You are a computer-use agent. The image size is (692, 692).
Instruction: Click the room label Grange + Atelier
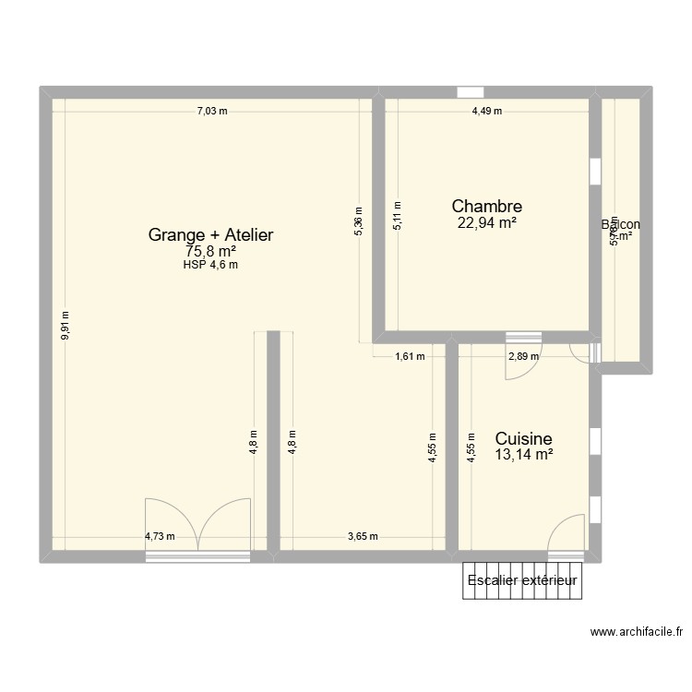(x=210, y=235)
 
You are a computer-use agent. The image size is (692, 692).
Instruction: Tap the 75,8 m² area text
(x=210, y=251)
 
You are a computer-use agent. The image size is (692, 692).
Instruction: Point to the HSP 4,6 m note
(x=210, y=265)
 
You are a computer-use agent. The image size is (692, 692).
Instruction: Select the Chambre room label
(x=487, y=207)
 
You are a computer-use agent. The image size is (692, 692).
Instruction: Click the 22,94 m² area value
(x=487, y=221)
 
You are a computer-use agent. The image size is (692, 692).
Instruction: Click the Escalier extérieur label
(x=522, y=580)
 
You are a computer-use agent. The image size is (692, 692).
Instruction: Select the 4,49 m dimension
(x=487, y=112)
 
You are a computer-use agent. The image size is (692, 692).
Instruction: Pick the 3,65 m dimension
(x=364, y=536)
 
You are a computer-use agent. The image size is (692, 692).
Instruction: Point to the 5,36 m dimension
(x=359, y=221)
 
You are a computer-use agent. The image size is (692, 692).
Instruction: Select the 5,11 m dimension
(x=398, y=215)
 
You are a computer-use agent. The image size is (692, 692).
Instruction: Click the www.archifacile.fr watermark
(x=638, y=632)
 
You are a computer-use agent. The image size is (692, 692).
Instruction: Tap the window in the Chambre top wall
(x=470, y=91)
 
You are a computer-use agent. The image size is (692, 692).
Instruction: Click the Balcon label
(x=620, y=224)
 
